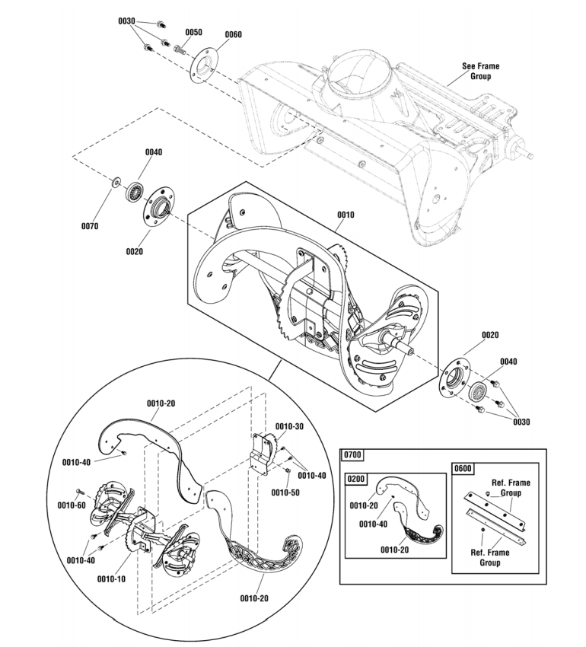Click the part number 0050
(193, 33)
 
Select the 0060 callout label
(234, 34)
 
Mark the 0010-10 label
(112, 578)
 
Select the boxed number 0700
(353, 455)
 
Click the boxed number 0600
(463, 469)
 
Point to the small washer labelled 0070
(115, 181)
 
